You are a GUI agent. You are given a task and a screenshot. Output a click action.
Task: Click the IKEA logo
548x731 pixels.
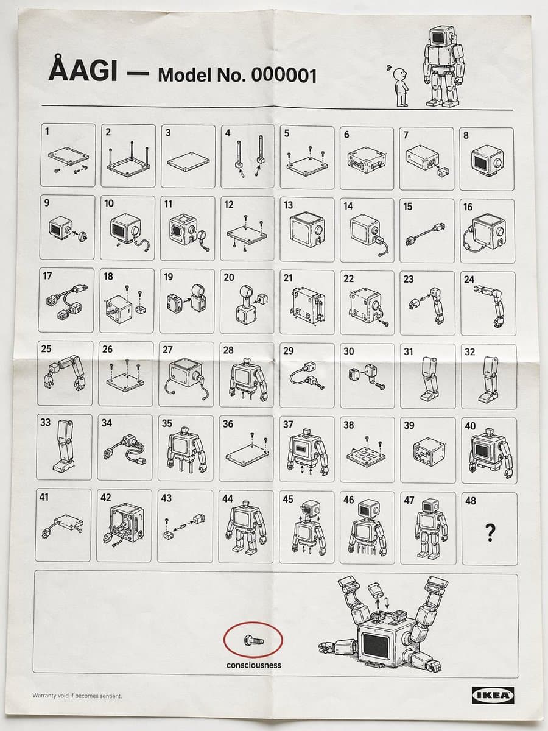point(493,694)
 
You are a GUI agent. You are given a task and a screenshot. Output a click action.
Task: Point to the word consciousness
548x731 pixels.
point(254,665)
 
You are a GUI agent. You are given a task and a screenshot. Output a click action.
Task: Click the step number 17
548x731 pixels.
point(47,275)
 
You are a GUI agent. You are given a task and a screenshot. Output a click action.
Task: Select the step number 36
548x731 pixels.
point(228,423)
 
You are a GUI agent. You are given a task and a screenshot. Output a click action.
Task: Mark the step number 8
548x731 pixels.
point(466,135)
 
